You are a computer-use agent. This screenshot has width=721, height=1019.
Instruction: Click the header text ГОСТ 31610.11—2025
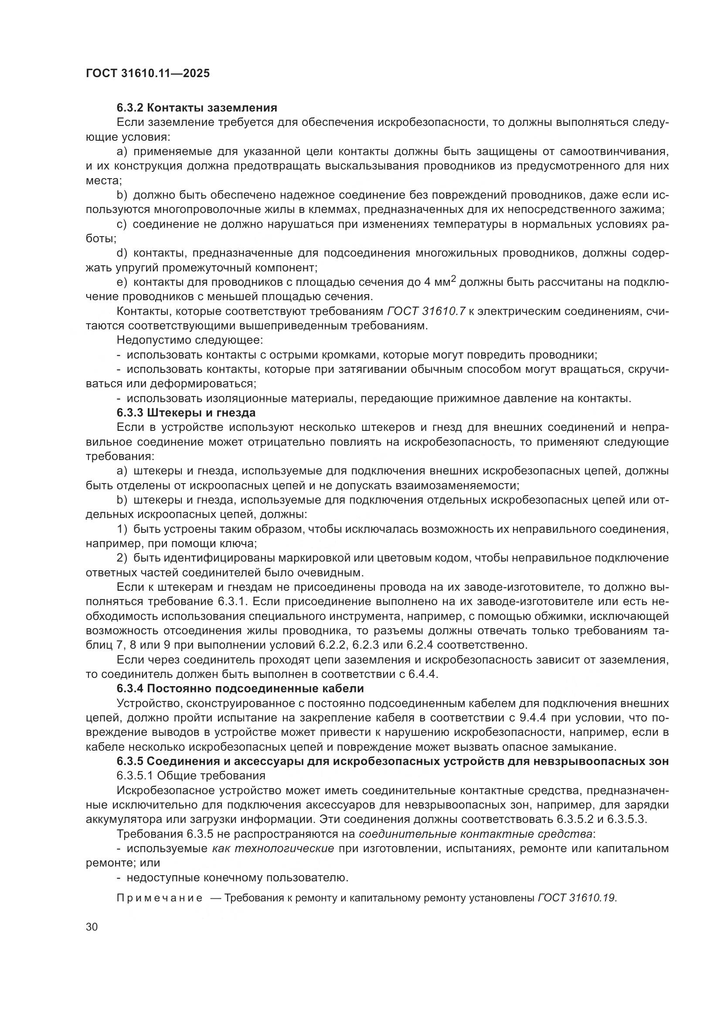click(147, 74)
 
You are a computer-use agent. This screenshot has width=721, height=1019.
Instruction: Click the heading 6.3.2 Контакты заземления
click(197, 108)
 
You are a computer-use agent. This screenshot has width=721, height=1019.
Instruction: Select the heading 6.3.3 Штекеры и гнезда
click(186, 413)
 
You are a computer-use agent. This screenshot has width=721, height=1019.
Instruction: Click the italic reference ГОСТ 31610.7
click(426, 311)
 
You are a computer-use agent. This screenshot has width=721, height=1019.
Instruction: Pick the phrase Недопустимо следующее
click(190, 340)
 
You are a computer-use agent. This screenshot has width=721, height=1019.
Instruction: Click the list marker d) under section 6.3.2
click(122, 253)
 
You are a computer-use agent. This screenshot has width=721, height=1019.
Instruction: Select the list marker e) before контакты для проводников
click(122, 282)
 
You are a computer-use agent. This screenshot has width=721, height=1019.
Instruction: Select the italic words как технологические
click(273, 849)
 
